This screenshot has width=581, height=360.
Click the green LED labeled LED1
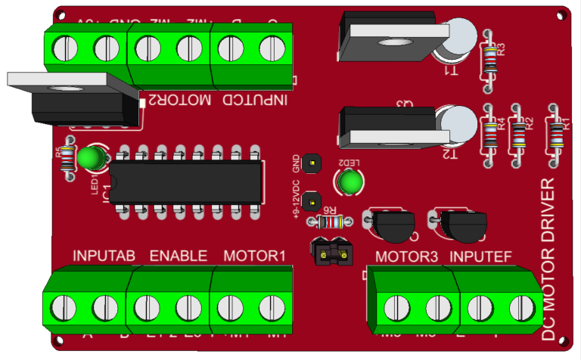click(x=91, y=158)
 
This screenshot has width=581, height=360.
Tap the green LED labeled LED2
click(x=350, y=182)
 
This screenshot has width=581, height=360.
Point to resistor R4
click(x=490, y=135)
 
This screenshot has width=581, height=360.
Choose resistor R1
click(x=558, y=135)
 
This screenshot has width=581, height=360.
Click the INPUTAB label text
click(x=104, y=256)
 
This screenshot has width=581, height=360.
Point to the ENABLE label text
click(x=178, y=256)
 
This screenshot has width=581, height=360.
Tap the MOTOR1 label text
click(x=254, y=256)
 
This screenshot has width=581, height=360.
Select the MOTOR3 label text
click(x=407, y=256)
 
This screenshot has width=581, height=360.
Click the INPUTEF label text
click(x=481, y=256)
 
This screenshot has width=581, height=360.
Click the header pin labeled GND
click(x=309, y=163)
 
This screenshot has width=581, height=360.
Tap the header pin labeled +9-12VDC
click(x=309, y=202)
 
